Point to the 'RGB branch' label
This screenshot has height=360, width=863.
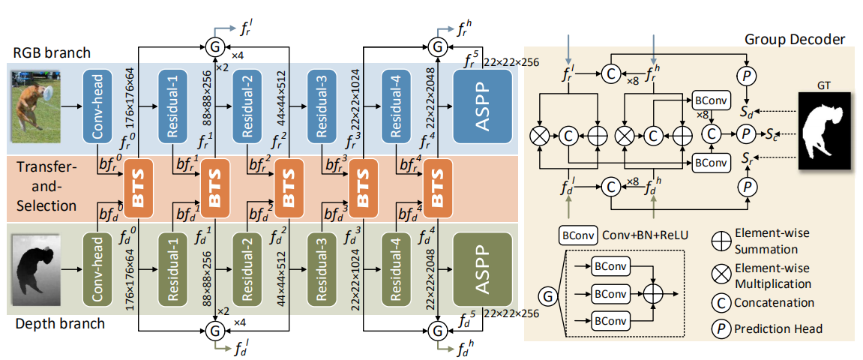click(50, 52)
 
